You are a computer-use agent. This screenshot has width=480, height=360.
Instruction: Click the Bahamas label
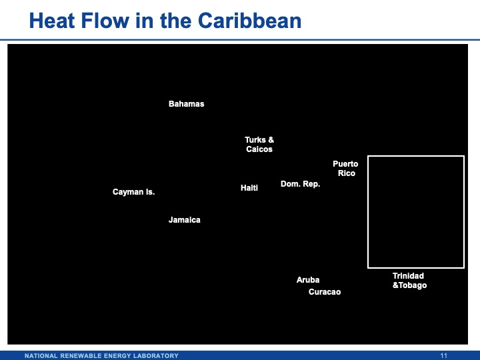click(x=186, y=104)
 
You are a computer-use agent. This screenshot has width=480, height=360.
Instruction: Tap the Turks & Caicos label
click(x=259, y=145)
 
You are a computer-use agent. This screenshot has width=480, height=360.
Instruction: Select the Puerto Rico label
click(x=345, y=169)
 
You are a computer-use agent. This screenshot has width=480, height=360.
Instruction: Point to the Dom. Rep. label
click(x=300, y=184)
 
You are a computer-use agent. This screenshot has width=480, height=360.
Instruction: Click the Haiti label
click(x=249, y=188)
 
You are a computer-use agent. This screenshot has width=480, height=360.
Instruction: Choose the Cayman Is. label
click(x=133, y=192)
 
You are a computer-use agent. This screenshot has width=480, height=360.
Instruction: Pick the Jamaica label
click(x=184, y=220)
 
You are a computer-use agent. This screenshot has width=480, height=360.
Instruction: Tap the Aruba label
click(x=308, y=280)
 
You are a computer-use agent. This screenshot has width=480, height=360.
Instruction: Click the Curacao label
click(x=325, y=292)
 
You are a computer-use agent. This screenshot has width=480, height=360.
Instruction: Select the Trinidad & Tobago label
click(x=409, y=281)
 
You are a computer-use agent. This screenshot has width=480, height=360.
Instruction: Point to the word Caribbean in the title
click(x=249, y=21)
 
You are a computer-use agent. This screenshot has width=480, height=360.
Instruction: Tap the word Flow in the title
click(x=112, y=21)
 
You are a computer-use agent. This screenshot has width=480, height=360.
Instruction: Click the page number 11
click(x=445, y=355)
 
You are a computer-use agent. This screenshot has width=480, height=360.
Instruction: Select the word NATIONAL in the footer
click(x=42, y=355)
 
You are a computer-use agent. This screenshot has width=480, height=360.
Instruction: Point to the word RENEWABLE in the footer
click(x=83, y=355)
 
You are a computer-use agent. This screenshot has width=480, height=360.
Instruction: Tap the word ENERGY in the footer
click(x=118, y=355)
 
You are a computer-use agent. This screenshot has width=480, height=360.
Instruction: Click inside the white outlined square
click(x=415, y=211)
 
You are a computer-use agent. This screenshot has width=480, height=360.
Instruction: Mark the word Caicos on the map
click(x=259, y=149)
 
